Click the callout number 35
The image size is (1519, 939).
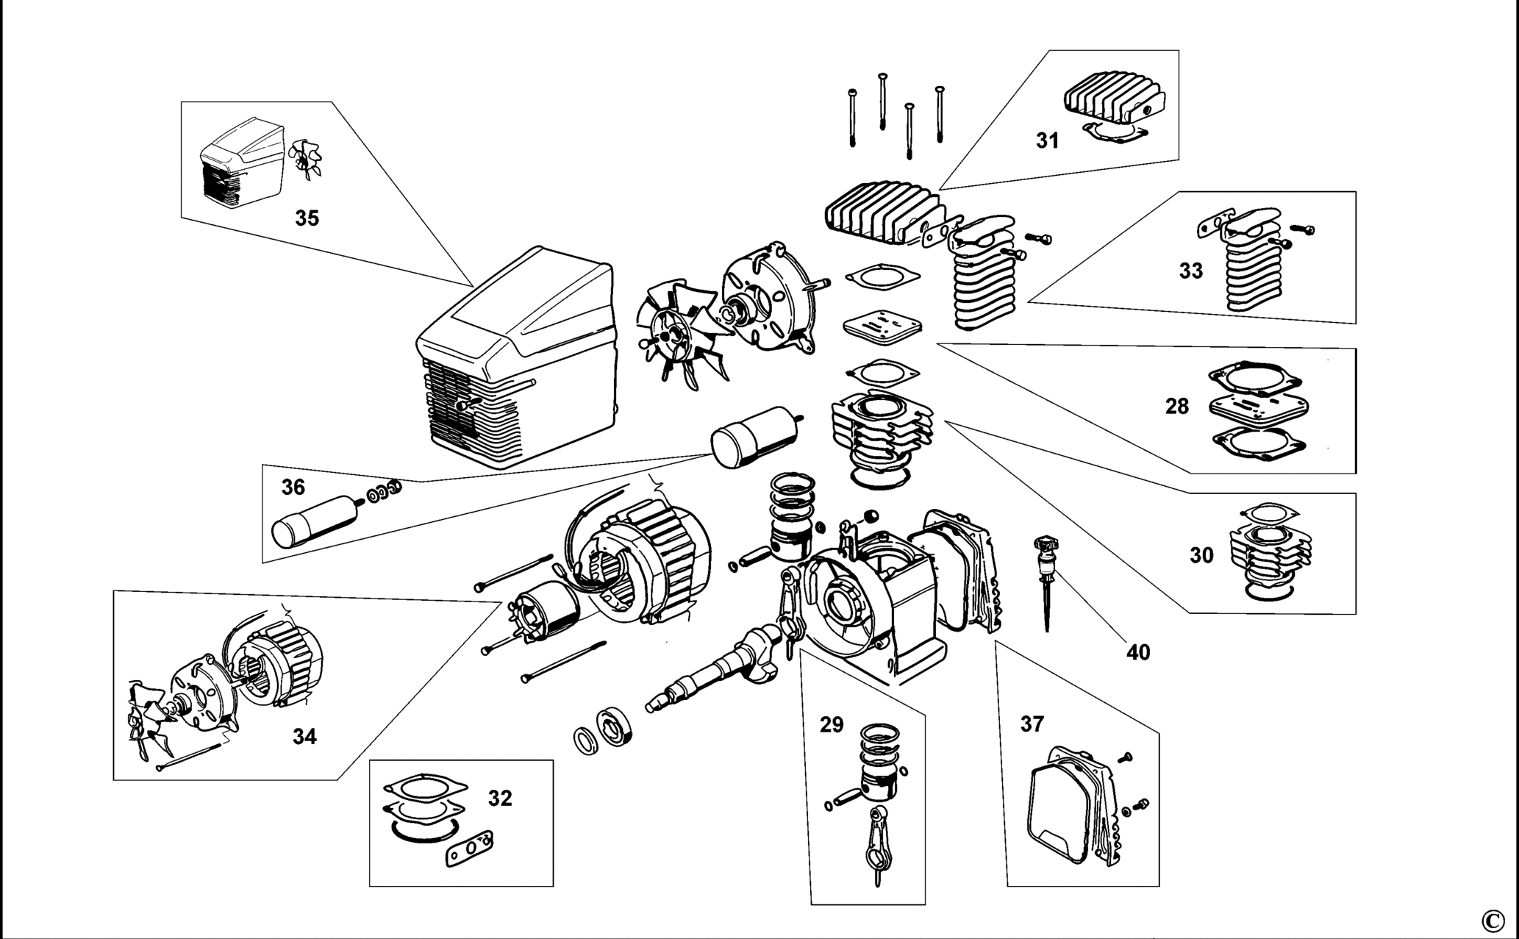(307, 218)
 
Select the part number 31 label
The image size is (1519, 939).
(1048, 140)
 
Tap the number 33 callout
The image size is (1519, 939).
(1191, 271)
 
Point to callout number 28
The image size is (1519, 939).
(1177, 406)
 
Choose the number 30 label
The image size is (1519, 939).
(1201, 555)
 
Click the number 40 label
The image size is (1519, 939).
(1138, 652)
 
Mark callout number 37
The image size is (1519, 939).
(1032, 724)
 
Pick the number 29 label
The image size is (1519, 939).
(832, 725)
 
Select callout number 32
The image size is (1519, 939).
(500, 798)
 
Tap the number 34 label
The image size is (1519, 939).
(304, 736)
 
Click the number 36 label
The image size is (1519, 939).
(293, 488)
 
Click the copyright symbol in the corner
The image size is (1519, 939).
(1493, 920)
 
